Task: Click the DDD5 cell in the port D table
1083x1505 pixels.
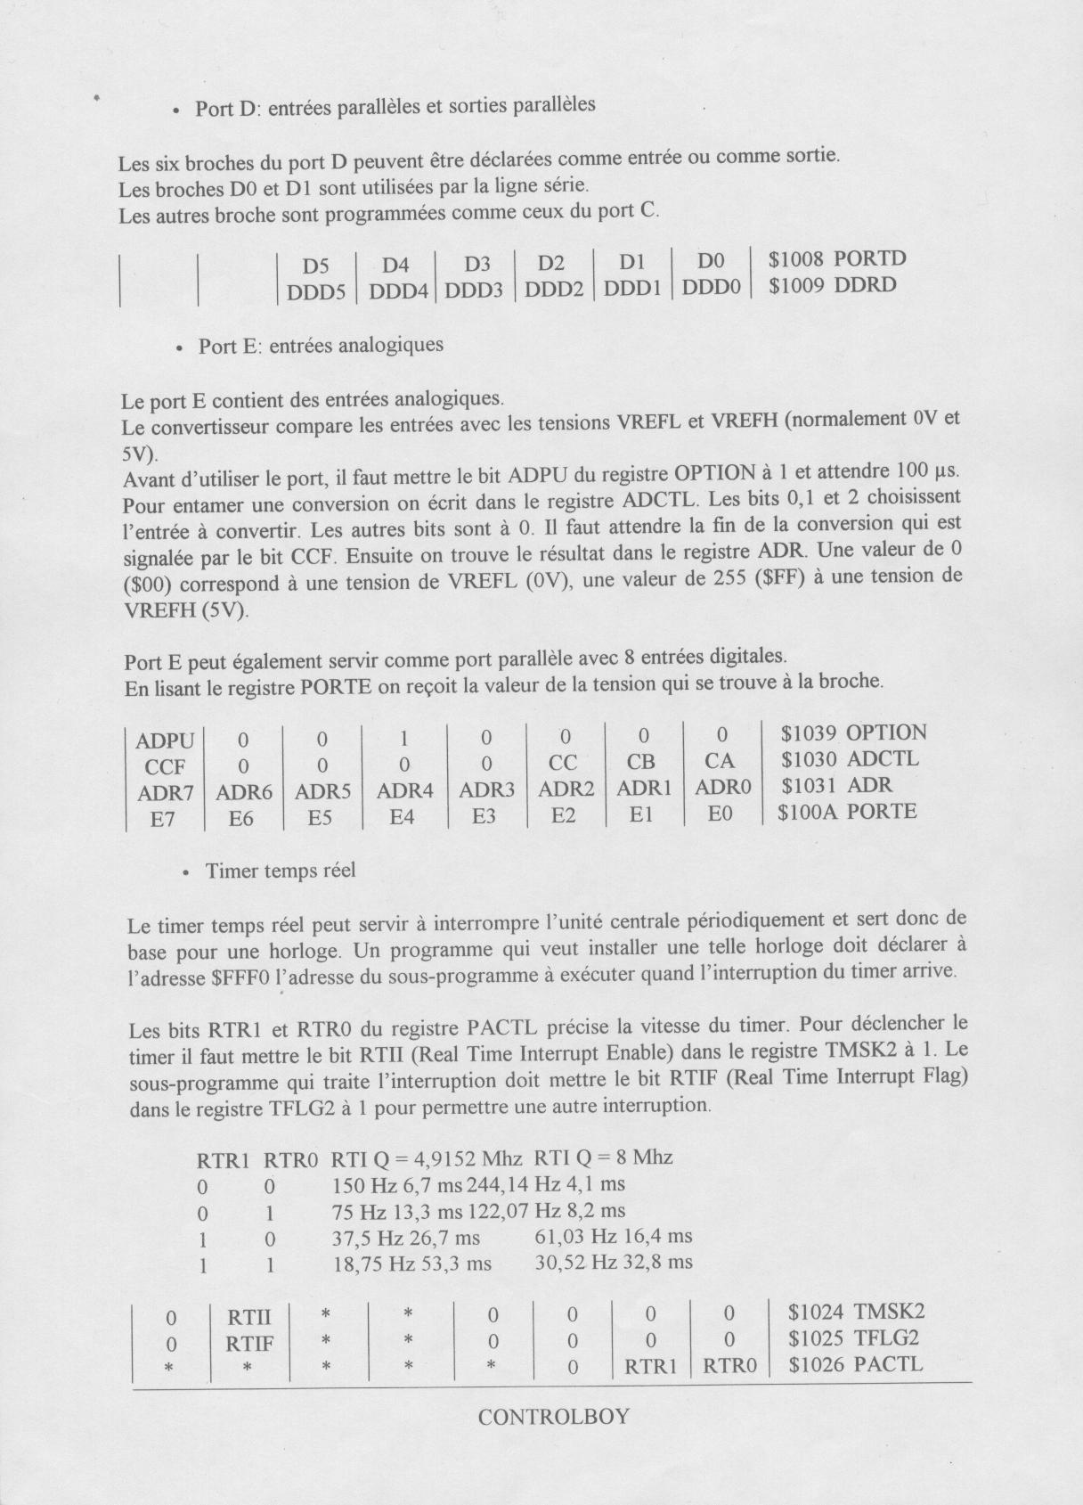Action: (315, 291)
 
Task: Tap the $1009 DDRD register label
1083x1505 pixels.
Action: (832, 285)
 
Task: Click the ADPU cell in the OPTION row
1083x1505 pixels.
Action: (165, 740)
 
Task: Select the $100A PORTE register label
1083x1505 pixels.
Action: (846, 812)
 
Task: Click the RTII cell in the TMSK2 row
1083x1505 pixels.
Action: (249, 1317)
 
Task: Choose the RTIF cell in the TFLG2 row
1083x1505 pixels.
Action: (249, 1343)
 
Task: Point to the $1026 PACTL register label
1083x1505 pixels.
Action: (855, 1364)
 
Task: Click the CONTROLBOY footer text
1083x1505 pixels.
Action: (553, 1417)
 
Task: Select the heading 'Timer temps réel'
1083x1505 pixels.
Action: (280, 871)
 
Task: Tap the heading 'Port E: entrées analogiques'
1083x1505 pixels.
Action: (321, 346)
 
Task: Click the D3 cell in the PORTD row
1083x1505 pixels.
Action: (477, 265)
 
